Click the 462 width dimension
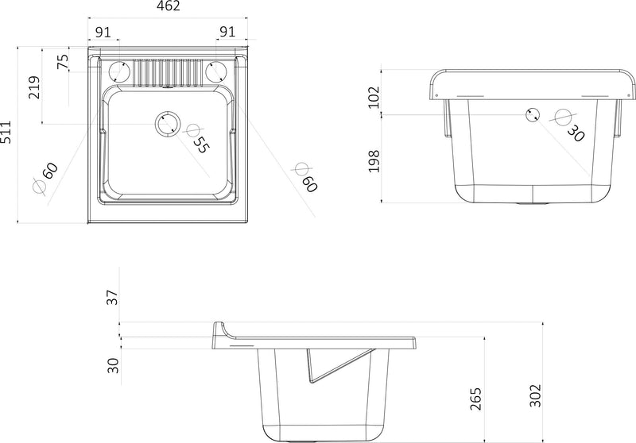pos(168,7)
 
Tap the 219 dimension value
pos(33,87)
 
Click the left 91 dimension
pos(103,32)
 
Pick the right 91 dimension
pos(227,32)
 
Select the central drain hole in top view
pos(168,123)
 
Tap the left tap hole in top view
pos(120,71)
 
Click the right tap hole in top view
pos(215,71)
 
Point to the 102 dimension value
pos(374,96)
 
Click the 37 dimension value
pos(113,298)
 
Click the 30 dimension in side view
pos(113,366)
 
